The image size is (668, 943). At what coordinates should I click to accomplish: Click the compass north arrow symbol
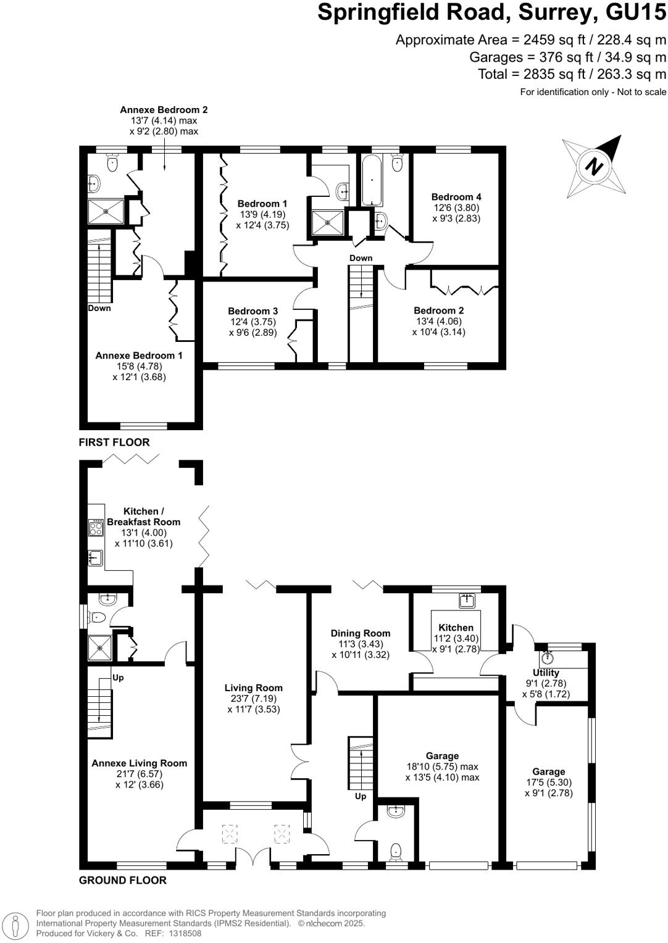click(x=595, y=166)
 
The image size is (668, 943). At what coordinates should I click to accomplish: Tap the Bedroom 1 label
click(x=262, y=204)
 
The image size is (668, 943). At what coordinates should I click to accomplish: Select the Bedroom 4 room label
click(x=456, y=197)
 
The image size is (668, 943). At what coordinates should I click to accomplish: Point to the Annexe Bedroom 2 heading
click(x=164, y=110)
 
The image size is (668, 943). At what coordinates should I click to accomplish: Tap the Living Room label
click(x=253, y=688)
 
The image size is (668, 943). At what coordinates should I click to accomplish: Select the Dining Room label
click(x=361, y=633)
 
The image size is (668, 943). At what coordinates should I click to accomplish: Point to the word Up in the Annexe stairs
click(x=118, y=677)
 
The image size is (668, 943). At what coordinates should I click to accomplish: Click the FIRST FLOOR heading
click(x=114, y=442)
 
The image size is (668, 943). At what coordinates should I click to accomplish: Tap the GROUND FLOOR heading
click(x=123, y=880)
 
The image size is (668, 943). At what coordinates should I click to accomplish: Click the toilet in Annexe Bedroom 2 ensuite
click(x=112, y=164)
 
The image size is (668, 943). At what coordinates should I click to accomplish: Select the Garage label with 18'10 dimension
click(x=442, y=755)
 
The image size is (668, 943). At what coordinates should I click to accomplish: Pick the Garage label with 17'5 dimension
click(x=548, y=771)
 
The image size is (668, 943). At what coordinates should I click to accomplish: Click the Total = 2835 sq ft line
click(x=572, y=75)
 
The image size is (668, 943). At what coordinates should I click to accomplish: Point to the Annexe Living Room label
click(x=139, y=763)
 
